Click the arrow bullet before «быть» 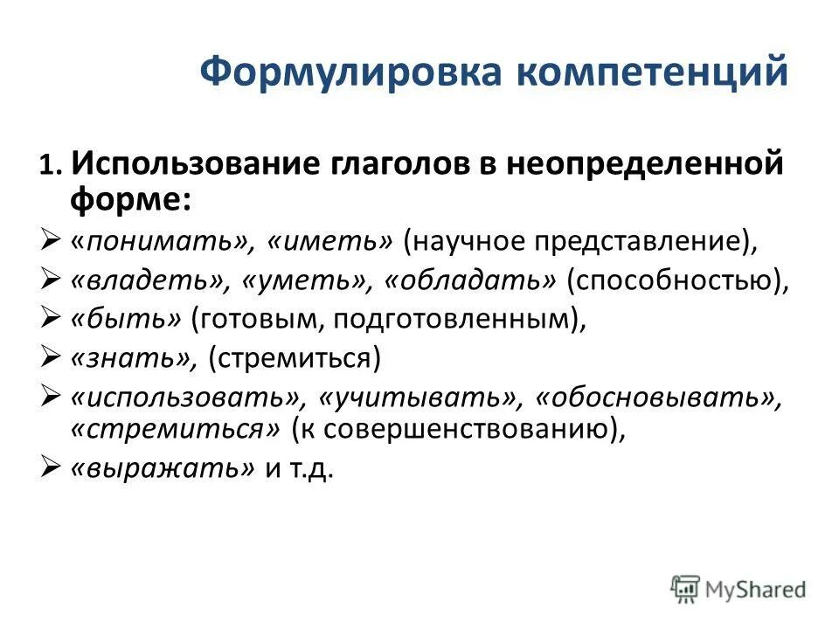click(x=50, y=319)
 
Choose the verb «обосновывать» click(x=656, y=397)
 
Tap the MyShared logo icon click(x=686, y=588)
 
